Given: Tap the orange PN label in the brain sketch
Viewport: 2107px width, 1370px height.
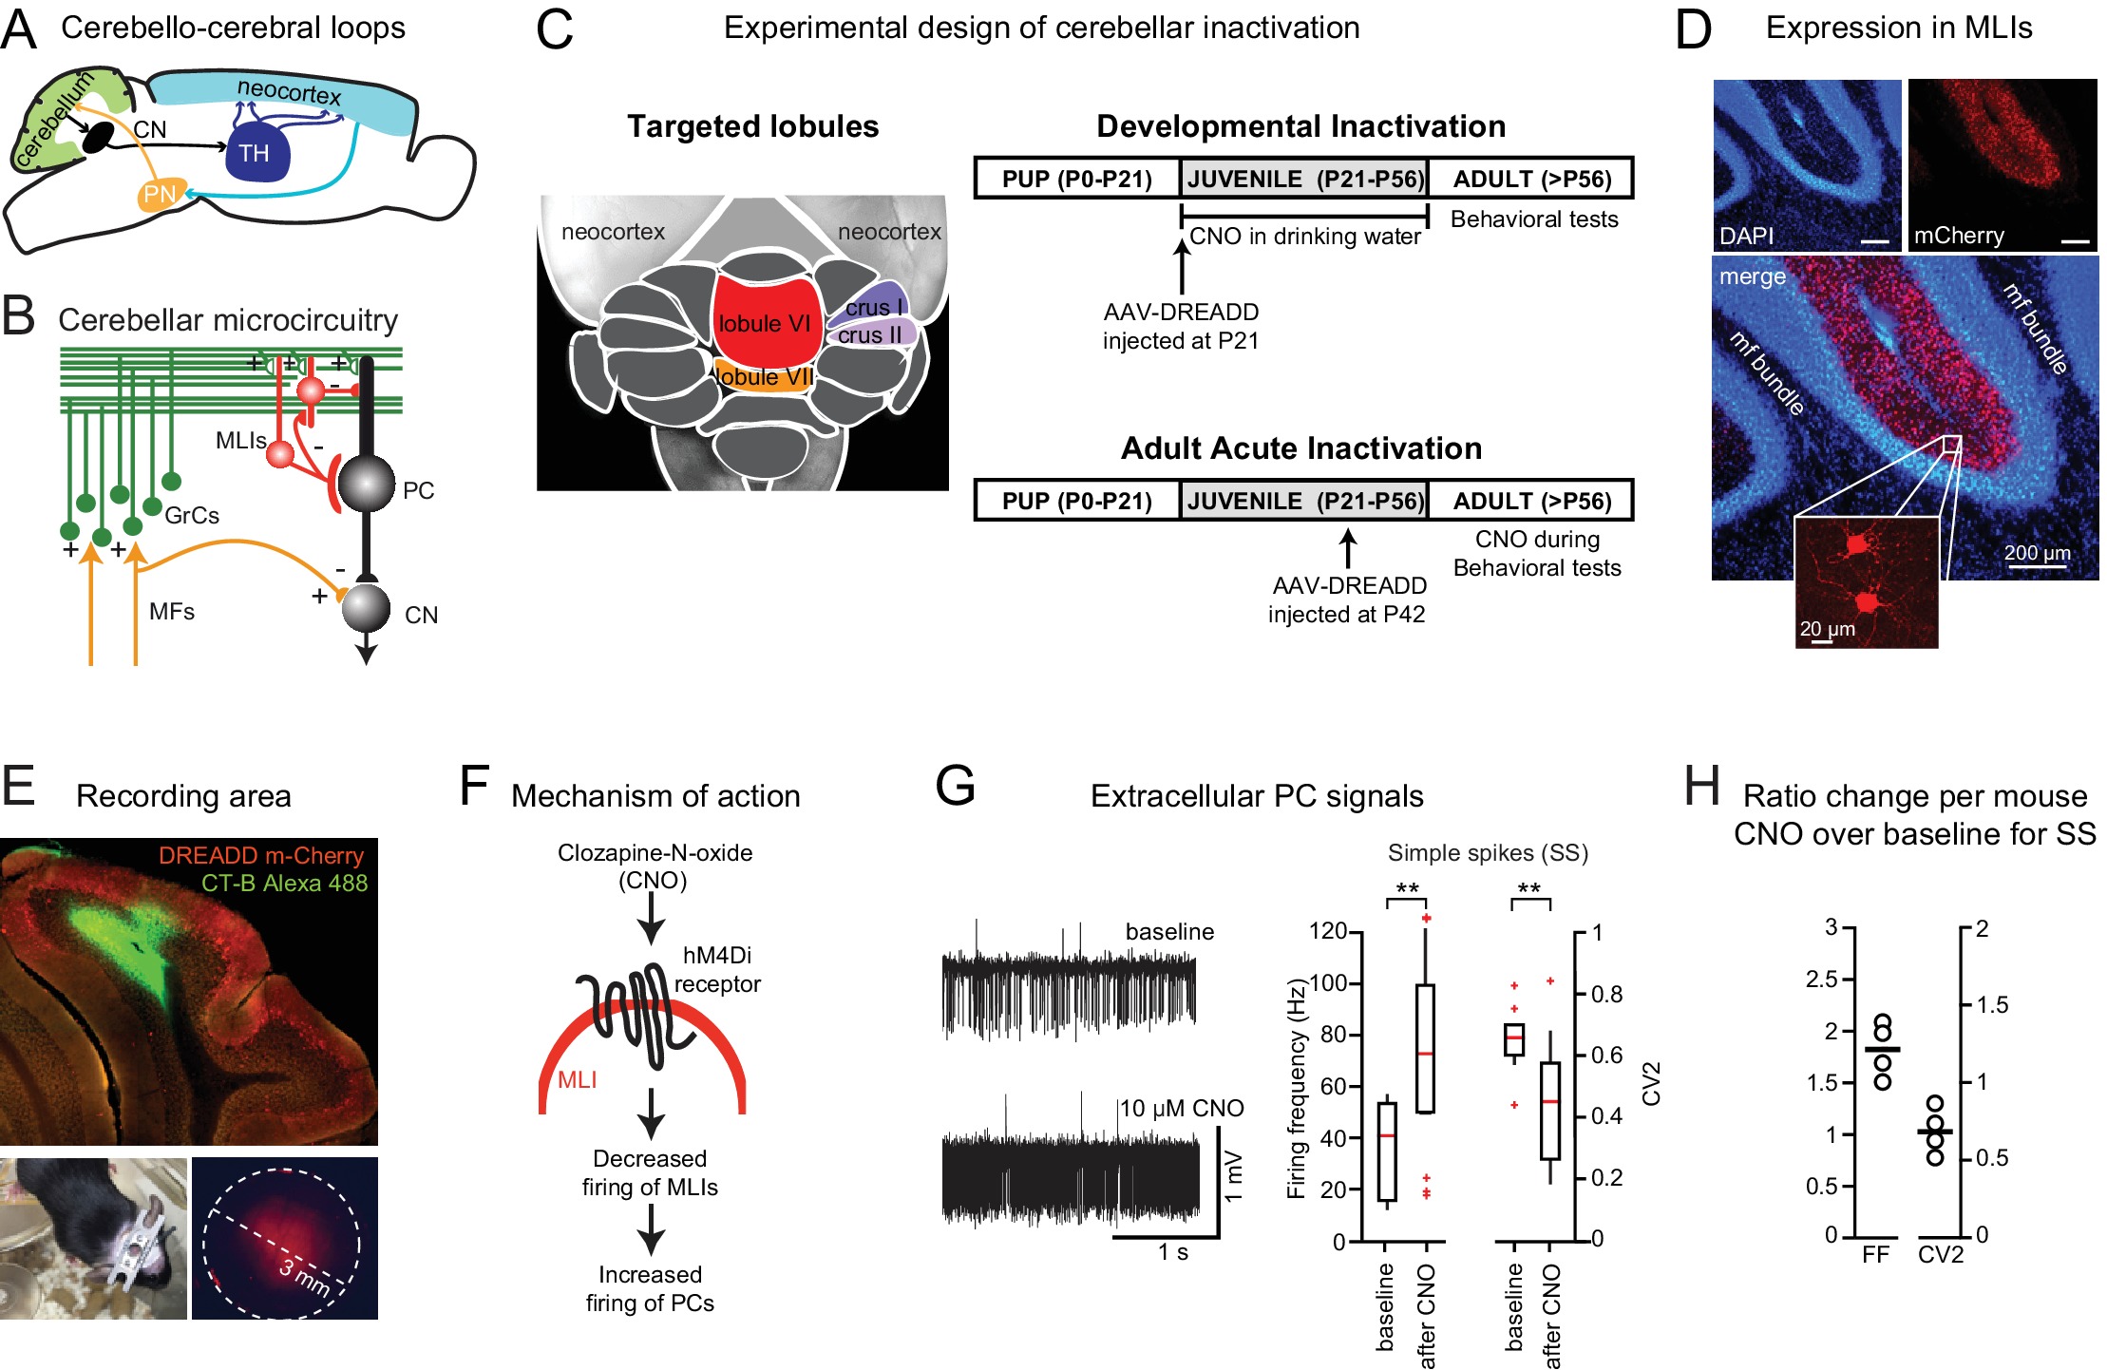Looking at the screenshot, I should coord(159,195).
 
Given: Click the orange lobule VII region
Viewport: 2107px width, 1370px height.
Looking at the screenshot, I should coord(765,377).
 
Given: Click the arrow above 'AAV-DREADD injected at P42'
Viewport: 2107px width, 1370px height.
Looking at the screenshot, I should coord(1347,549).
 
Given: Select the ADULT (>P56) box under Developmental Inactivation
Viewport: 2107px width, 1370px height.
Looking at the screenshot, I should coord(1531,179).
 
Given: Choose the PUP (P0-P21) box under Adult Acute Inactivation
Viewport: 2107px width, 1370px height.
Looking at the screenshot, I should coord(1076,501).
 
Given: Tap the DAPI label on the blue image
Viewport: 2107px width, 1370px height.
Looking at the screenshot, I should coord(1746,236).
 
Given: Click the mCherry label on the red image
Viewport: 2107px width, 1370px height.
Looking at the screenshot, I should coord(1959,236).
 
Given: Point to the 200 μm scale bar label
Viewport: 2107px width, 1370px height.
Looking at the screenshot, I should coord(2037,553).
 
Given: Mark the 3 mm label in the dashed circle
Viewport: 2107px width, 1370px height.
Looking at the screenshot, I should coord(304,1276).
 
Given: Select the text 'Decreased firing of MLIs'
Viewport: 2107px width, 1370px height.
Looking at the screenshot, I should coord(650,1172).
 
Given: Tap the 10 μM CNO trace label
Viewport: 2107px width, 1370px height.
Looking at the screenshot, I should coord(1181,1108).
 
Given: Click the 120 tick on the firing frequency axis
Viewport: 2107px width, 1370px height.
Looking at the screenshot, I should coord(1327,931).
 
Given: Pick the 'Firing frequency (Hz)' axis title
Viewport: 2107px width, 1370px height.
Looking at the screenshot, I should coord(1296,1088).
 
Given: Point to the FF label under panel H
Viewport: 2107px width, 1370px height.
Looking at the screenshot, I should coord(1875,1255).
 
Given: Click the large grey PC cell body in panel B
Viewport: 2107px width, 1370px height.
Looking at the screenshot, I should coord(367,484).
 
